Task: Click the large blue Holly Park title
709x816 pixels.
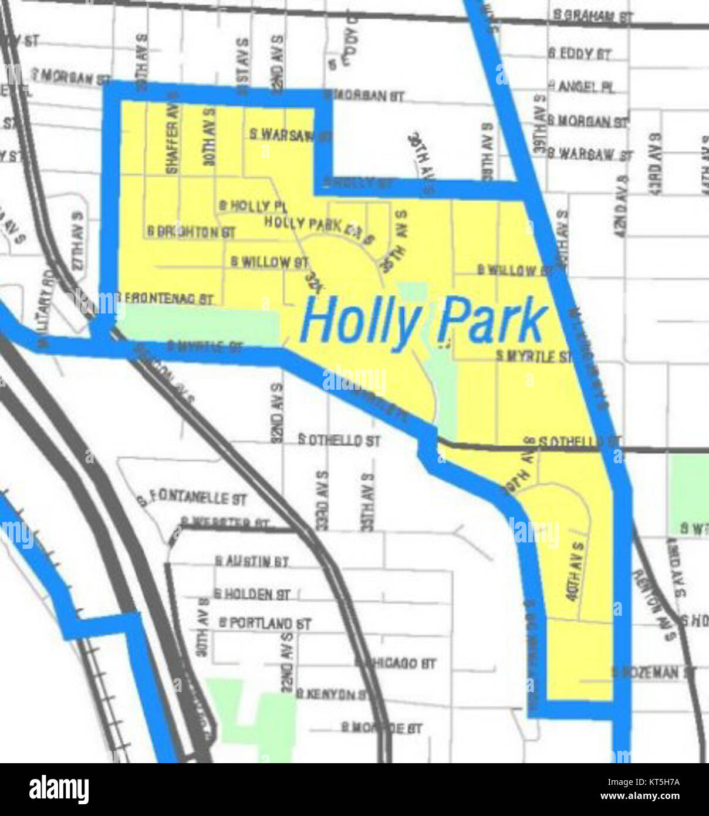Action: [x=424, y=321]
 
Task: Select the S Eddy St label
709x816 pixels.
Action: [x=579, y=54]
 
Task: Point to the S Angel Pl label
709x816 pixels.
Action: [x=581, y=87]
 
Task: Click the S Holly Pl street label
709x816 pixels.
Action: [x=252, y=206]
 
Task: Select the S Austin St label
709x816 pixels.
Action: [x=251, y=562]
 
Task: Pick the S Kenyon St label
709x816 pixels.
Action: [x=332, y=694]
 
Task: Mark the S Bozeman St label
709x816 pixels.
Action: [x=653, y=672]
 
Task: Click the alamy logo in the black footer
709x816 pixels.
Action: [x=59, y=790]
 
